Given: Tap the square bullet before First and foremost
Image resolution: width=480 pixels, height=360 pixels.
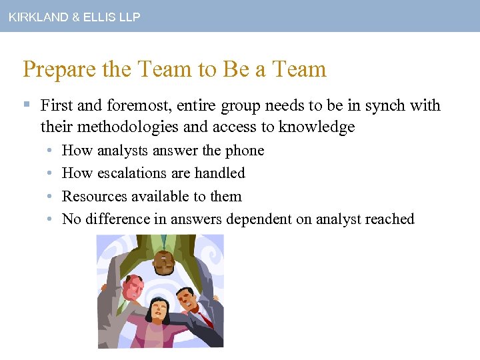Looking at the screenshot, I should coord(27,105).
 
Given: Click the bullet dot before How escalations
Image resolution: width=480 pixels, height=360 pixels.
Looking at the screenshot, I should coord(51,173).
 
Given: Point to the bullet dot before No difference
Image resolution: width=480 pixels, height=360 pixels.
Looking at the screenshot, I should coord(51,219).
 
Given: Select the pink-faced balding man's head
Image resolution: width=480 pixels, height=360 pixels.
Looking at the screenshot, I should coord(134,287).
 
